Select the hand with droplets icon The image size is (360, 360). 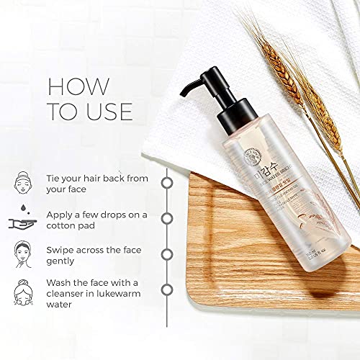[x=23, y=219]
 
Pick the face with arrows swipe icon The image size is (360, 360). [x=23, y=254]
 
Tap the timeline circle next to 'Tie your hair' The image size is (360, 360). [x=167, y=183]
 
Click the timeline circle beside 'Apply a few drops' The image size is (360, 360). [x=167, y=218]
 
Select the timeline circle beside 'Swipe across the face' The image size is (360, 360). [x=167, y=254]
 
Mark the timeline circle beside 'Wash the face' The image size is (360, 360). [x=167, y=289]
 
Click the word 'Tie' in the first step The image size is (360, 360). [x=56, y=177]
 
